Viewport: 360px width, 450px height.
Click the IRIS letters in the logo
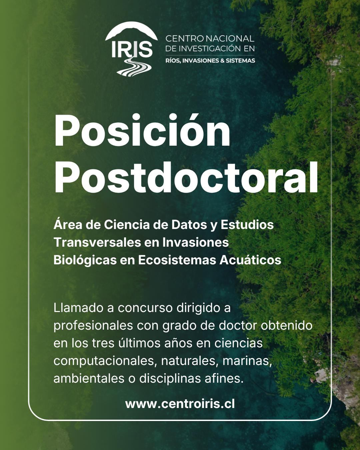pyautogui.click(x=132, y=49)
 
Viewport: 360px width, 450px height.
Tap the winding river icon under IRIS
pyautogui.click(x=134, y=67)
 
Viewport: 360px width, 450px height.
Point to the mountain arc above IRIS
pyautogui.click(x=131, y=31)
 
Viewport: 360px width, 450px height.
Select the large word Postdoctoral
pyautogui.click(x=186, y=177)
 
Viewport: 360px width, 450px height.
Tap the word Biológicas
pyautogui.click(x=85, y=261)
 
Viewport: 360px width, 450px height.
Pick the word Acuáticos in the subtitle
pyautogui.click(x=250, y=260)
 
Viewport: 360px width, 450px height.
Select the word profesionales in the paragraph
pyautogui.click(x=93, y=326)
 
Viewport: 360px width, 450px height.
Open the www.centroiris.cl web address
pyautogui.click(x=180, y=404)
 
